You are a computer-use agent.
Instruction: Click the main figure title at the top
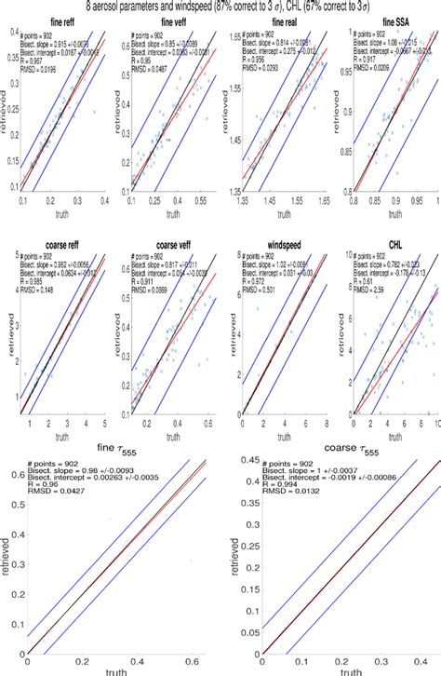220,7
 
